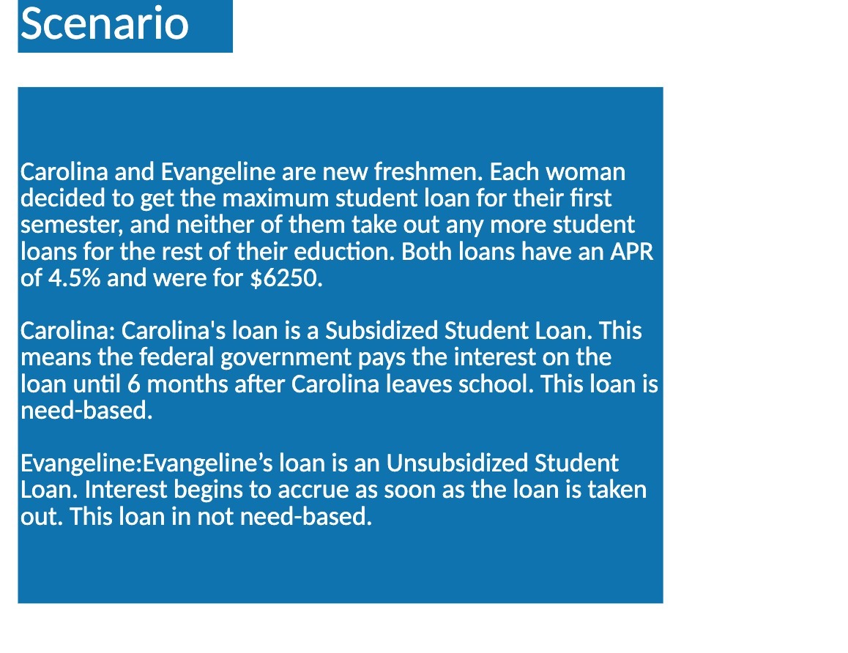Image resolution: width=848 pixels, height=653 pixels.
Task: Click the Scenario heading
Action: tap(105, 23)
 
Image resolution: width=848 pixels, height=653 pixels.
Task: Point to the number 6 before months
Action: tap(132, 384)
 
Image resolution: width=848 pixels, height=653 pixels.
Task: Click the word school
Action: tap(491, 384)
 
